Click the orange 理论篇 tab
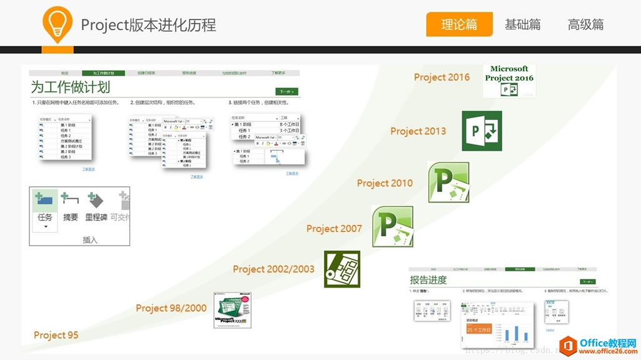(459, 25)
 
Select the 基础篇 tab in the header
(523, 25)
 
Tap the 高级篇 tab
(586, 25)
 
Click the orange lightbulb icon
(58, 24)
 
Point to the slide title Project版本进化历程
(148, 25)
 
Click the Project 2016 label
(442, 77)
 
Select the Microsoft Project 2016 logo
(509, 81)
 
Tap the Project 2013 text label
(418, 131)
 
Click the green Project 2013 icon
(482, 131)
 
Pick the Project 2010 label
(385, 183)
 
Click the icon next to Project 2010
(448, 182)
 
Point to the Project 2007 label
(334, 229)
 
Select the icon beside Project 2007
(392, 226)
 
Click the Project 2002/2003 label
(273, 269)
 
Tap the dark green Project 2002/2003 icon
(342, 269)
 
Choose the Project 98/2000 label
(171, 308)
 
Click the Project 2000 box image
(232, 311)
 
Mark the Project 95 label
(56, 335)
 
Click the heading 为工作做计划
(70, 87)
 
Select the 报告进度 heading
(428, 280)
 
